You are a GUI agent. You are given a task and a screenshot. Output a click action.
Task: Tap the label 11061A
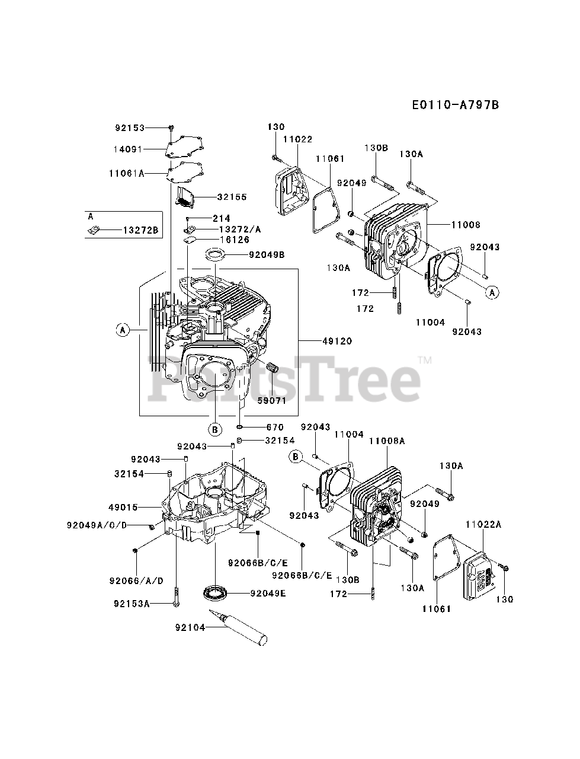pos(127,173)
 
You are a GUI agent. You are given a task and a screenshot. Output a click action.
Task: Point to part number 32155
pos(232,197)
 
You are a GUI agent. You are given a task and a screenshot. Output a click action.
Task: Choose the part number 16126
pos(234,240)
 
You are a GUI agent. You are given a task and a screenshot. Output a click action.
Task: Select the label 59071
pos(273,400)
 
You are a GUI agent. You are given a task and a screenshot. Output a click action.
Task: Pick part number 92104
pos(190,627)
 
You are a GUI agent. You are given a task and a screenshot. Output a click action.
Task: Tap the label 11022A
pos(483,524)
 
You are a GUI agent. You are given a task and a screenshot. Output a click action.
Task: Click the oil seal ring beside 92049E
pos(214,592)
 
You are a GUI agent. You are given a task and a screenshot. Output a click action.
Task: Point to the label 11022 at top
pos(297,139)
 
